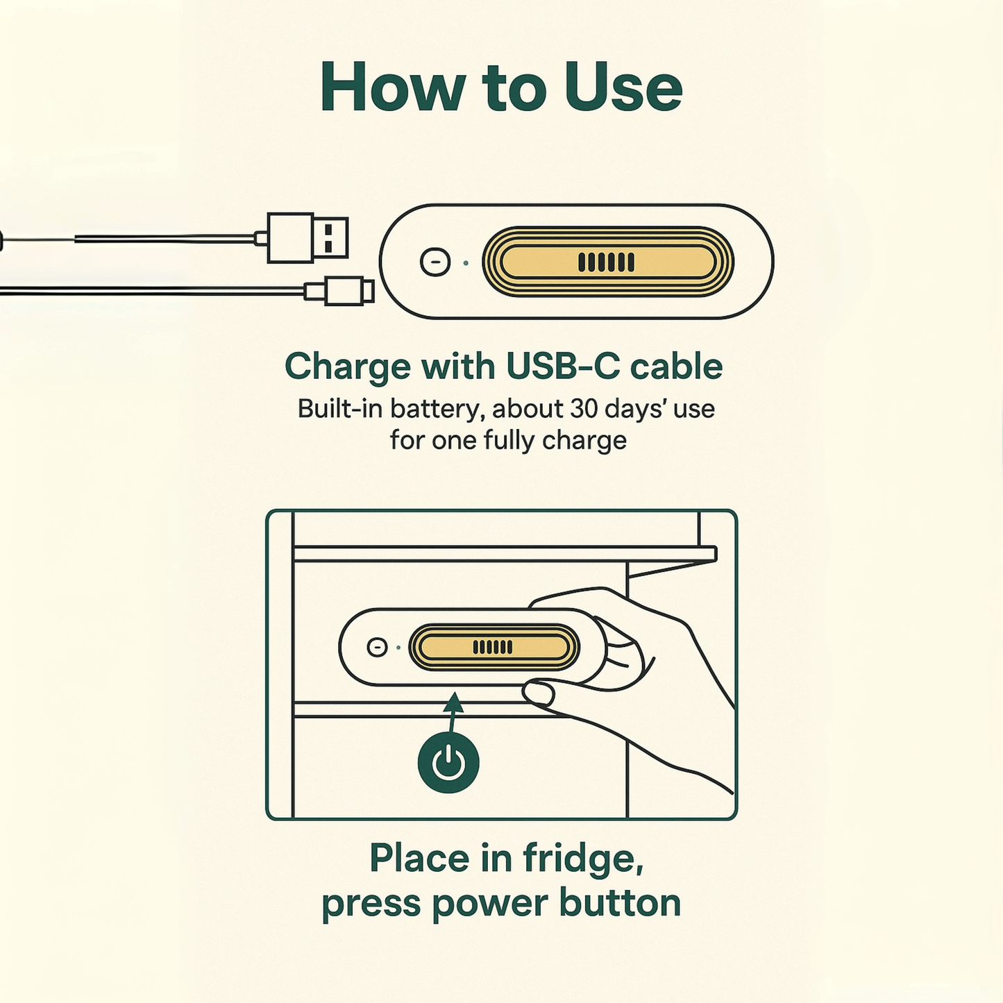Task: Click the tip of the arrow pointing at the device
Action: (455, 693)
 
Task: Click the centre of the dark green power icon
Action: (448, 764)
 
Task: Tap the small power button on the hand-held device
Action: (377, 648)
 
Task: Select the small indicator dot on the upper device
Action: (465, 263)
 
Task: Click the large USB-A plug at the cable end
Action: (307, 237)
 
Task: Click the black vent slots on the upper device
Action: (607, 262)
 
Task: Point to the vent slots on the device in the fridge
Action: (492, 647)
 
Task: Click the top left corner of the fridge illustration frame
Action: (267, 510)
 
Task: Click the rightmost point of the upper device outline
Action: (774, 261)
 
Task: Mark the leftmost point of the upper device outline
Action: (380, 261)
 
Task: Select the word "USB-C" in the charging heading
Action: (563, 366)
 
